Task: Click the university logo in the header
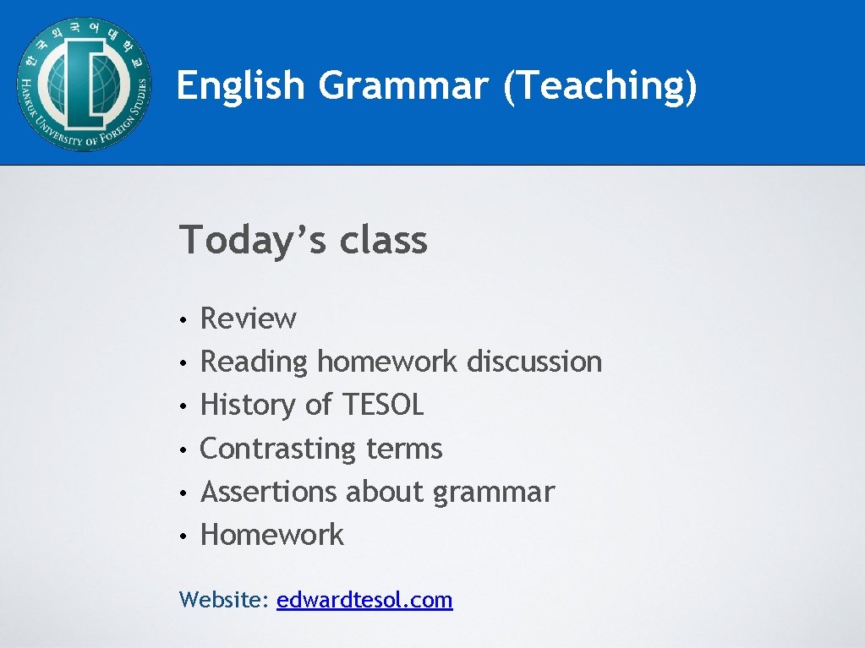[83, 84]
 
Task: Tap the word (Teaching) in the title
[599, 85]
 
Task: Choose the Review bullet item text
[248, 319]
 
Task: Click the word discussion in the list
[534, 362]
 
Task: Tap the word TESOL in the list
[382, 405]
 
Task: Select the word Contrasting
[278, 449]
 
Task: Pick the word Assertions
[268, 492]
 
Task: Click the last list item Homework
[271, 535]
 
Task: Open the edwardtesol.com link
[364, 600]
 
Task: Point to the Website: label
[224, 600]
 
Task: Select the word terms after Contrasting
[404, 449]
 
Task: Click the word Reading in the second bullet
[254, 362]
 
